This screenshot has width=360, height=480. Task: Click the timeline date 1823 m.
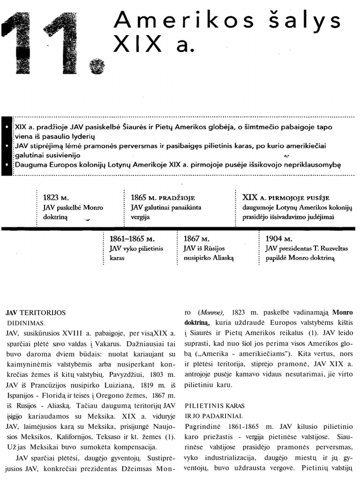(x=56, y=198)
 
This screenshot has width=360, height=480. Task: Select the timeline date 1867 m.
(x=196, y=240)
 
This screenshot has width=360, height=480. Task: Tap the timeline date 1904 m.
(x=280, y=239)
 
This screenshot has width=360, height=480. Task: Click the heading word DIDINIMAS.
(x=26, y=323)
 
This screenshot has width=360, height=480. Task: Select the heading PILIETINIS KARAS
(x=215, y=405)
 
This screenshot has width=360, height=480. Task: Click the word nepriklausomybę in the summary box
(x=308, y=165)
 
